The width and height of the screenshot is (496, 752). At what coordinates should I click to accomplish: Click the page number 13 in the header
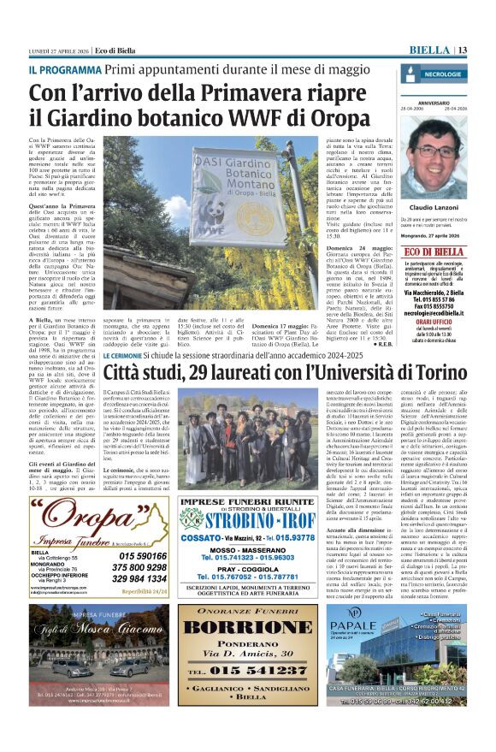pos(460,50)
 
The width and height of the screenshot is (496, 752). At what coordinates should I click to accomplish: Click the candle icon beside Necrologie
pos(411,74)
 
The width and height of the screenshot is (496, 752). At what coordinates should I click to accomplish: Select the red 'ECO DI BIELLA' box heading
pos(435,251)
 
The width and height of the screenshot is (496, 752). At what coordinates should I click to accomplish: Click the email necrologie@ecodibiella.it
pos(435,313)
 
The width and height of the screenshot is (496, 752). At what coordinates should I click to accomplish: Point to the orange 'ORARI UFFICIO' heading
pos(435,321)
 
